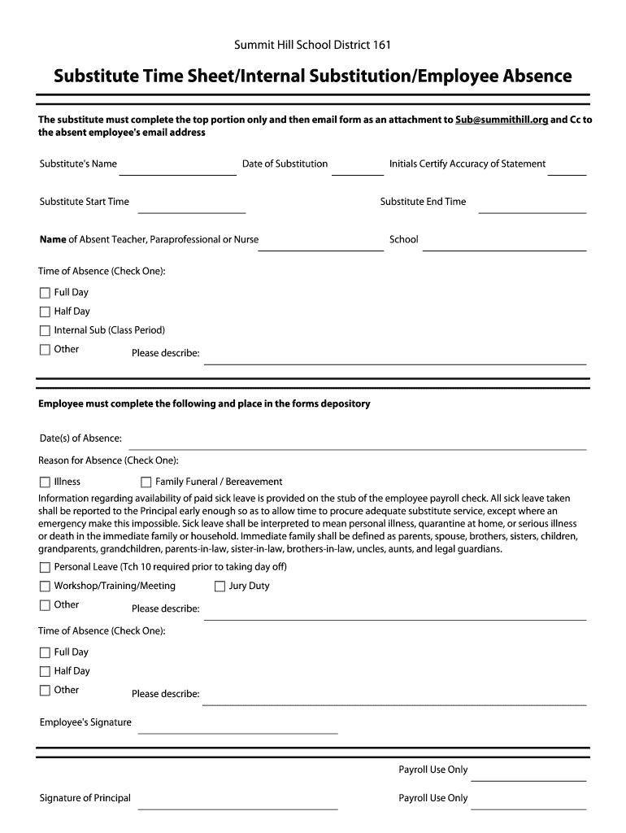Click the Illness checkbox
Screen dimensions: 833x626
pyautogui.click(x=45, y=482)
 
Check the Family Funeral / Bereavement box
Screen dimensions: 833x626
pyautogui.click(x=146, y=482)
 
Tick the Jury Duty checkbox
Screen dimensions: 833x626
pyautogui.click(x=220, y=586)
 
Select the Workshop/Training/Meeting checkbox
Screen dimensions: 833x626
pyautogui.click(x=45, y=586)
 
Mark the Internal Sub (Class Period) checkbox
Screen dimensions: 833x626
pyautogui.click(x=45, y=330)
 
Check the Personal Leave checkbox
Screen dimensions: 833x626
pyautogui.click(x=45, y=567)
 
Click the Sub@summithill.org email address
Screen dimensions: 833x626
pyautogui.click(x=502, y=120)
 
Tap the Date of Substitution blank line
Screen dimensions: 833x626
pyautogui.click(x=357, y=172)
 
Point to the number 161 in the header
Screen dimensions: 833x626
pyautogui.click(x=382, y=46)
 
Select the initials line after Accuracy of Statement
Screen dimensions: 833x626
pyautogui.click(x=572, y=172)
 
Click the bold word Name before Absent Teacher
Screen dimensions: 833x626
pyautogui.click(x=53, y=240)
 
